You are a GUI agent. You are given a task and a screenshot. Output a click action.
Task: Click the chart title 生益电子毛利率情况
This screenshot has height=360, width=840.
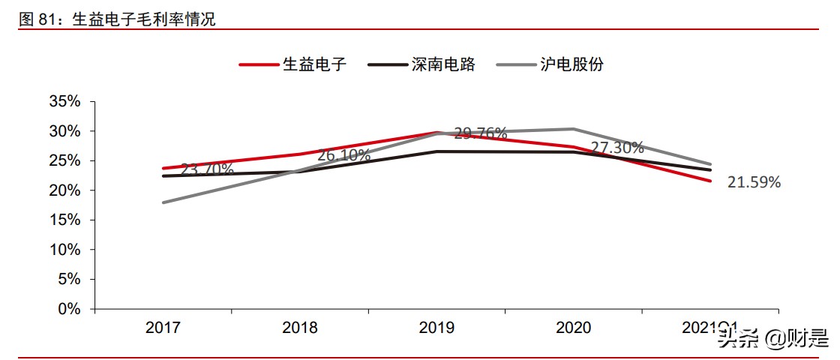(143, 20)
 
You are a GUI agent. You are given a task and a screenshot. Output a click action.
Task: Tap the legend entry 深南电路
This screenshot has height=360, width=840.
(443, 64)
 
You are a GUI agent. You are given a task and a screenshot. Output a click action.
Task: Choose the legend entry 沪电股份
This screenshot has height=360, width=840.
(571, 64)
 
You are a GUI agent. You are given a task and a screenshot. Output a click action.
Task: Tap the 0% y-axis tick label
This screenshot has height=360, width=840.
(68, 308)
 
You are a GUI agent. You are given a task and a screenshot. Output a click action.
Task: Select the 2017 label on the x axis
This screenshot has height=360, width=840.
(163, 328)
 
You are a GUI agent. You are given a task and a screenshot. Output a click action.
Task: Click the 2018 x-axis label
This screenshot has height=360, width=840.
(300, 328)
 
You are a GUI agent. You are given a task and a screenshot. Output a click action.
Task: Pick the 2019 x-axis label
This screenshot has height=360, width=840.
(436, 328)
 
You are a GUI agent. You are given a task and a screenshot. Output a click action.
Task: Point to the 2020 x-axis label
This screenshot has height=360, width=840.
(574, 328)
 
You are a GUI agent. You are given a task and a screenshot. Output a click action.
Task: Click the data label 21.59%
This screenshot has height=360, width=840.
(754, 182)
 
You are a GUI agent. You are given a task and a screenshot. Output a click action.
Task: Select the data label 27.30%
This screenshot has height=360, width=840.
(616, 148)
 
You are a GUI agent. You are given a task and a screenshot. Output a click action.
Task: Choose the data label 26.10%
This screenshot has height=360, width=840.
(343, 156)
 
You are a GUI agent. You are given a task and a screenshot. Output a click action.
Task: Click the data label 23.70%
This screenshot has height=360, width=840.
(207, 169)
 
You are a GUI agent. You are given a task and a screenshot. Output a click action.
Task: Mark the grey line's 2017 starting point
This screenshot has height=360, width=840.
(163, 202)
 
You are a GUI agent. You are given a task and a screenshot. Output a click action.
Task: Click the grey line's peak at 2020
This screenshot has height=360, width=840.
(574, 129)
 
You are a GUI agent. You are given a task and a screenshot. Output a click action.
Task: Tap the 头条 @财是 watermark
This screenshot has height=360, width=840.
(771, 339)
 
